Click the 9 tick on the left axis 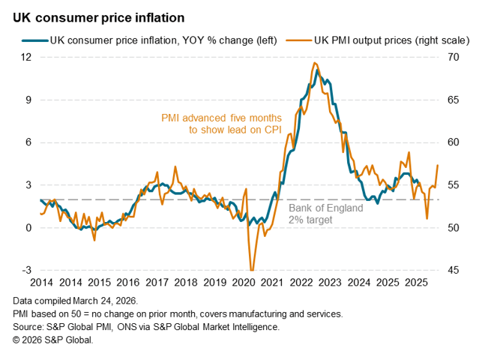27,100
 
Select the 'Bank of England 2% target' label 326,214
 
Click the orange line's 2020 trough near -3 251,269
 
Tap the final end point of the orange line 438,165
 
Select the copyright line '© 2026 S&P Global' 53,340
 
